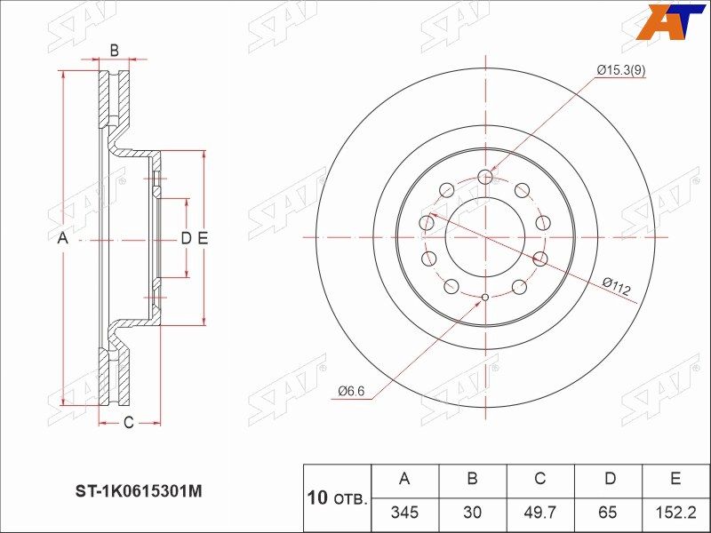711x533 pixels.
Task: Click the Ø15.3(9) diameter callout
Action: [x=621, y=70]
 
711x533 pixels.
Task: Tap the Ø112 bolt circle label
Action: [x=616, y=286]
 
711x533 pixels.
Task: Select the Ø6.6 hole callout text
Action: [x=351, y=391]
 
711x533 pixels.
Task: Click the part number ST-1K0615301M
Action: [x=138, y=491]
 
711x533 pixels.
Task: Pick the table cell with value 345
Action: [x=404, y=513]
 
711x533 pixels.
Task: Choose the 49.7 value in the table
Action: [x=540, y=513]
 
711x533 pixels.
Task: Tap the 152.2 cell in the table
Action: [x=675, y=513]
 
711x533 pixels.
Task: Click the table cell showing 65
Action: [x=608, y=513]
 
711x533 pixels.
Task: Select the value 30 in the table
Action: [x=472, y=513]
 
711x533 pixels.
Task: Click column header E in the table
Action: [x=675, y=479]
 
